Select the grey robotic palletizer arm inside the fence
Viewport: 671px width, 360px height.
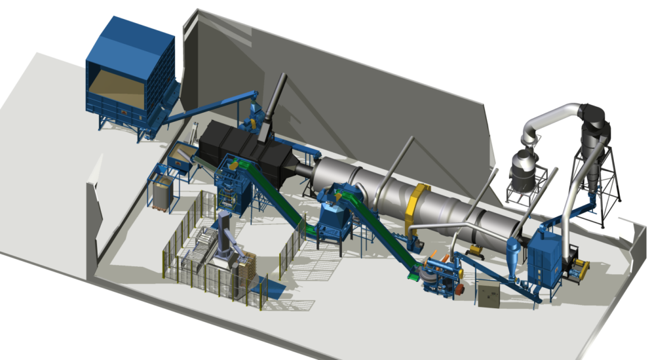(x=226, y=233)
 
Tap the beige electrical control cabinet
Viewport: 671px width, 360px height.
(x=488, y=295)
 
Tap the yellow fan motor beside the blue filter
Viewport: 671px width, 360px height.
(x=581, y=269)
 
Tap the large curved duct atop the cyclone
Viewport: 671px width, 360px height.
(x=557, y=115)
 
